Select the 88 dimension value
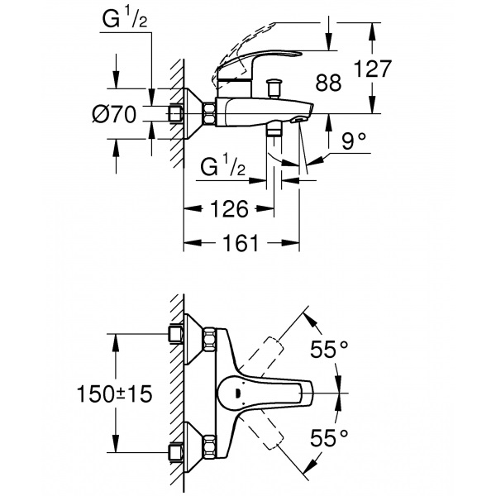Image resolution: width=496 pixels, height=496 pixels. pos(329,83)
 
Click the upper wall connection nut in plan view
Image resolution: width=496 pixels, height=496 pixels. pos(175,334)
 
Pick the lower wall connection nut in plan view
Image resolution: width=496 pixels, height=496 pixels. pos(175,451)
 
